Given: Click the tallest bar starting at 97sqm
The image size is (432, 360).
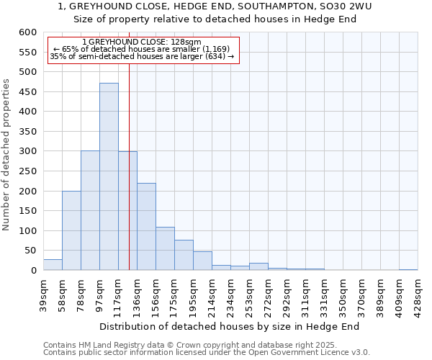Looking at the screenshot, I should coord(109,176).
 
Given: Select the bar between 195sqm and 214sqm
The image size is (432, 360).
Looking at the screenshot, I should coord(202,261).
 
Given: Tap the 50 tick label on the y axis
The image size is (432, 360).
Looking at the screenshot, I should coord(30,251).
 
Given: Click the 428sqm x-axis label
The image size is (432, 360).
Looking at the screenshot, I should coord(418,294).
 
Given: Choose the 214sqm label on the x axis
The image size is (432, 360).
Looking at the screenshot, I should coord(212,294).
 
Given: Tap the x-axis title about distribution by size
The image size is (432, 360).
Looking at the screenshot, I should coord(229,326).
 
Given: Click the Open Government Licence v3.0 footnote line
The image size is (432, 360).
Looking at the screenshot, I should coord(207,353).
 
